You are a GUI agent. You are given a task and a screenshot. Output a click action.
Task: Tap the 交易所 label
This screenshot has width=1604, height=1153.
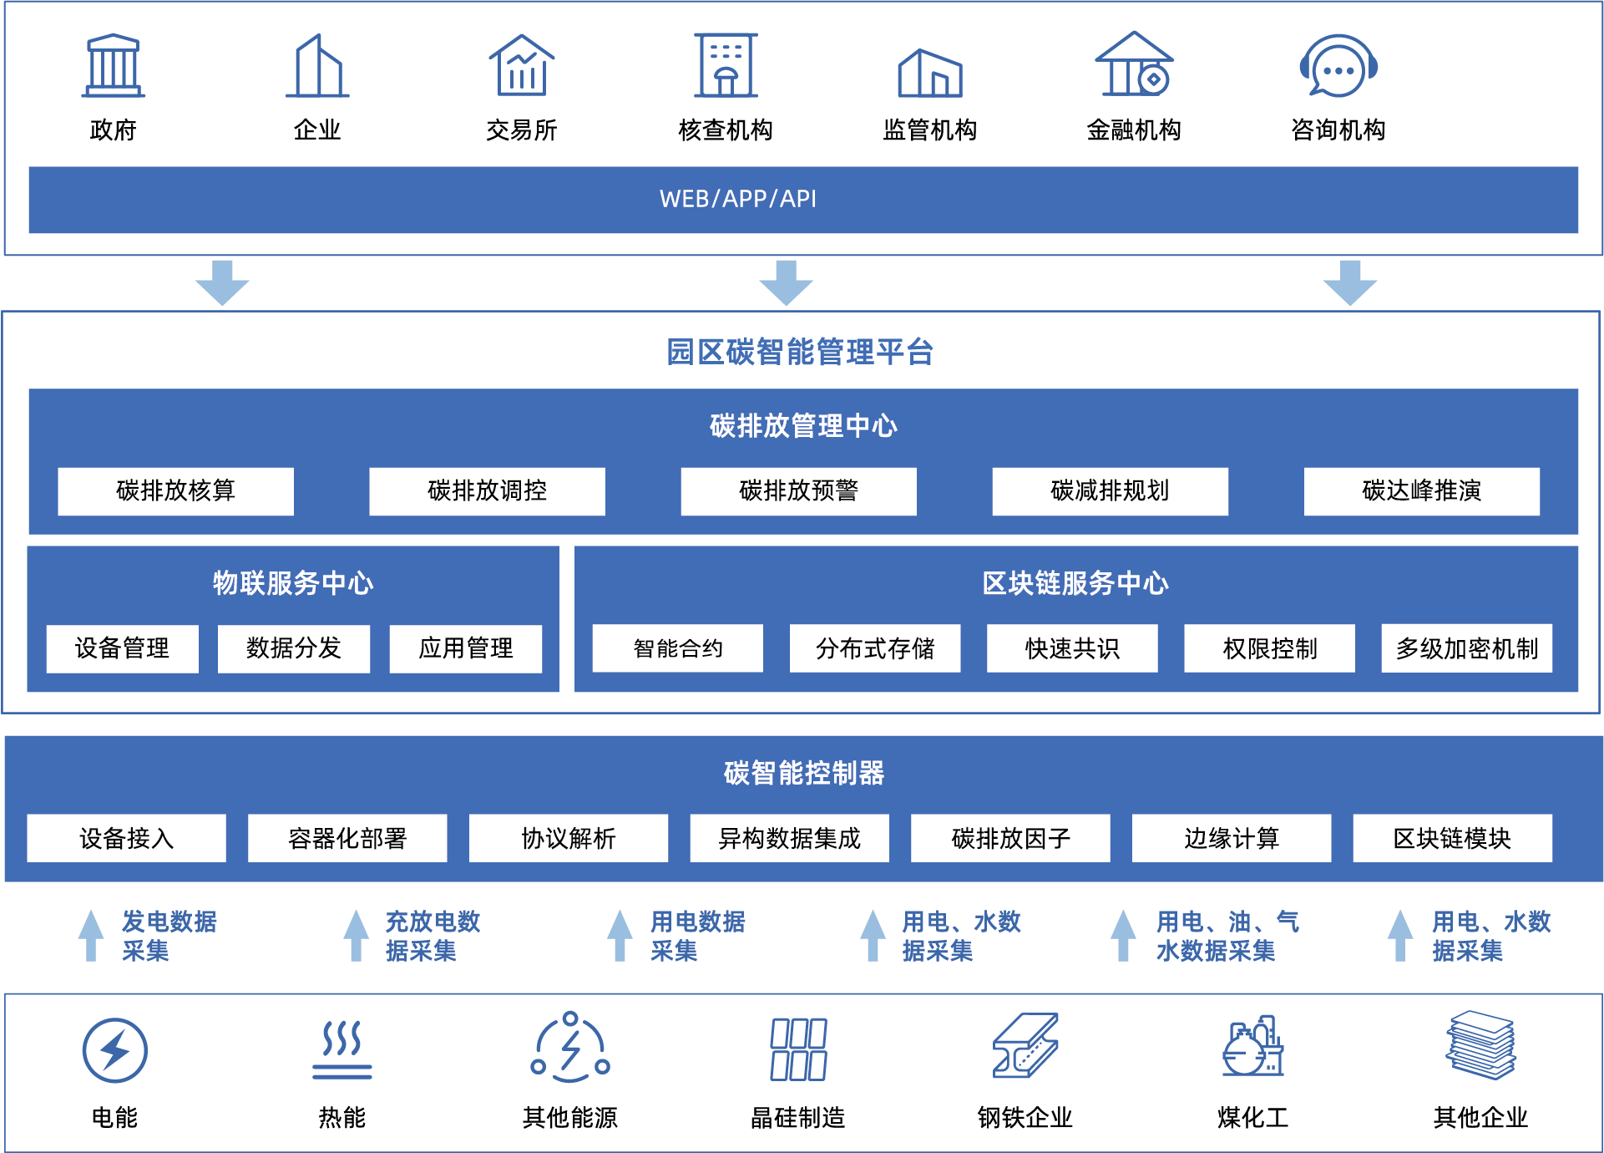pos(521,130)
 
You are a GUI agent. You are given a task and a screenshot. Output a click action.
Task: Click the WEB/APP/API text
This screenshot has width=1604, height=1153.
pos(738,199)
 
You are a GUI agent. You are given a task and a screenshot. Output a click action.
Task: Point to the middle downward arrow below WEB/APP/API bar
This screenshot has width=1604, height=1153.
pos(786,282)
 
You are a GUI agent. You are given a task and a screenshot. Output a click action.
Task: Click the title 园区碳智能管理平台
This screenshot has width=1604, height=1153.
pos(799,352)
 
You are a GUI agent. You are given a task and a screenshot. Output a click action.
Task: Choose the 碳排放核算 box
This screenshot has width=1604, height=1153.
pos(175,490)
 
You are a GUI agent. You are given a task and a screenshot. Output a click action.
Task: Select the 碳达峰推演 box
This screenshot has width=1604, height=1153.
pos(1421,490)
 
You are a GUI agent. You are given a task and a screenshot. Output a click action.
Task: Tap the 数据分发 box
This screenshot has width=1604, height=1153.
pos(293,648)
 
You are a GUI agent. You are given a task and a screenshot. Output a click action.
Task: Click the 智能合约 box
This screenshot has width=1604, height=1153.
pos(677,648)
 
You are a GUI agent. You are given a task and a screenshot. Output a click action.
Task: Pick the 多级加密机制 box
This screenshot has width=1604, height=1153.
pos(1466,648)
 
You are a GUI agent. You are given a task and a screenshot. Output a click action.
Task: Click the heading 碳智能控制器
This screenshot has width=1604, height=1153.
pos(803,773)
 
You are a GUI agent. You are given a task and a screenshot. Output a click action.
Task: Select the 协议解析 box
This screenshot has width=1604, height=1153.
pos(568,838)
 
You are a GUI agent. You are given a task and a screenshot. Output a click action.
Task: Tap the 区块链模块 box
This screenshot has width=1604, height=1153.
pos(1452,838)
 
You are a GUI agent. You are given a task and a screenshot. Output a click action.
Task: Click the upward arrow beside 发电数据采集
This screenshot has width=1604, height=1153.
pos(91,935)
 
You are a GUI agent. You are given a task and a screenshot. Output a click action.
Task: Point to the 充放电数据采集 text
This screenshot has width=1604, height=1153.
pos(432,936)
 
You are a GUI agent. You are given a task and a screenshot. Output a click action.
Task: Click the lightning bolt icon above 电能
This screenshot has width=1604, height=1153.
pos(114,1049)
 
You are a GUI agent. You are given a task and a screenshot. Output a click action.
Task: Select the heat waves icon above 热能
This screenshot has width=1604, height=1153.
pos(342,1048)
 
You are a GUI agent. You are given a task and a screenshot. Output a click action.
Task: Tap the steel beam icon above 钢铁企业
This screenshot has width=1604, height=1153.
pos(1025,1046)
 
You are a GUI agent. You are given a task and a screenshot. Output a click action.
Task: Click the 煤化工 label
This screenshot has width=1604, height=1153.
pos(1252,1117)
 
